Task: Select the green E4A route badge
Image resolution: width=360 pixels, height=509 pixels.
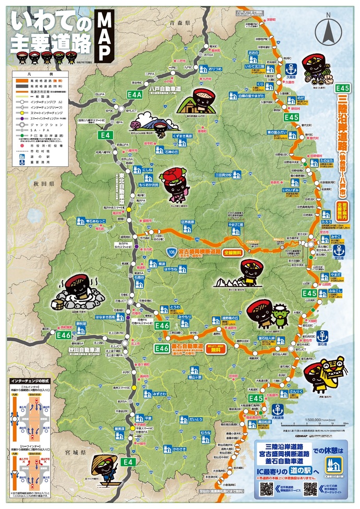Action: [135, 95]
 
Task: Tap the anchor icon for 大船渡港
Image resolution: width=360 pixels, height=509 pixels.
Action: [278, 409]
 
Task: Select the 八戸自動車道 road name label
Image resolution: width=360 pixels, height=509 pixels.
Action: [164, 89]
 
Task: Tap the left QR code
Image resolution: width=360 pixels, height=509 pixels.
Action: [267, 489]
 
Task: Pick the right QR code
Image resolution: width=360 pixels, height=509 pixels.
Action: [310, 489]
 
